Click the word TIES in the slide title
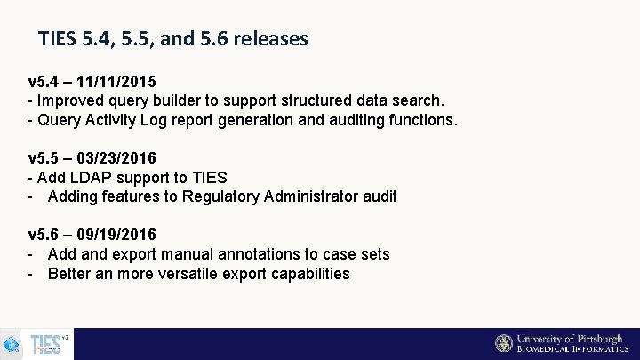(57, 39)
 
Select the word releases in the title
(269, 39)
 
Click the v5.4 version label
(44, 82)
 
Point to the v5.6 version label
(44, 235)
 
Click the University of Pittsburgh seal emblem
(504, 343)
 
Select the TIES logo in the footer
(46, 344)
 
